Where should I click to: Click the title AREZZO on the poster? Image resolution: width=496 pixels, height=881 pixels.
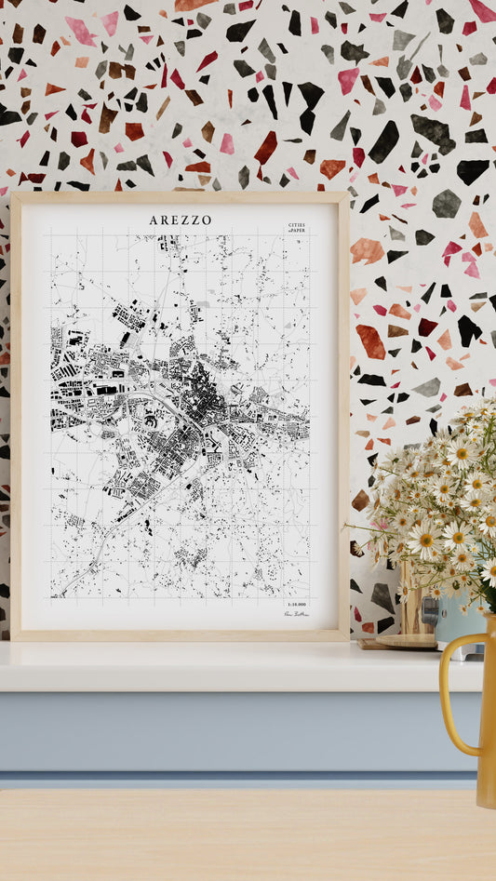tap(180, 220)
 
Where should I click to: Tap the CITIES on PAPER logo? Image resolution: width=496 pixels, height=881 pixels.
tap(296, 227)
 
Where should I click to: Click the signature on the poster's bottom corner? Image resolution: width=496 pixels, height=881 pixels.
tap(295, 615)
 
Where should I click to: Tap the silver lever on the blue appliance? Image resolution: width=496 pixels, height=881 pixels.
tap(428, 610)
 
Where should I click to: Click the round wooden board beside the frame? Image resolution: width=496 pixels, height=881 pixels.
tap(406, 640)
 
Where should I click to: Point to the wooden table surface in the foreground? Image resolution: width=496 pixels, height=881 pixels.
tap(233, 837)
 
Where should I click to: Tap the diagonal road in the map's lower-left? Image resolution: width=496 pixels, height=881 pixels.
tap(102, 549)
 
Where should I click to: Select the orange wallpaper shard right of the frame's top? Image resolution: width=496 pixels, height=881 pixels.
tap(367, 249)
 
